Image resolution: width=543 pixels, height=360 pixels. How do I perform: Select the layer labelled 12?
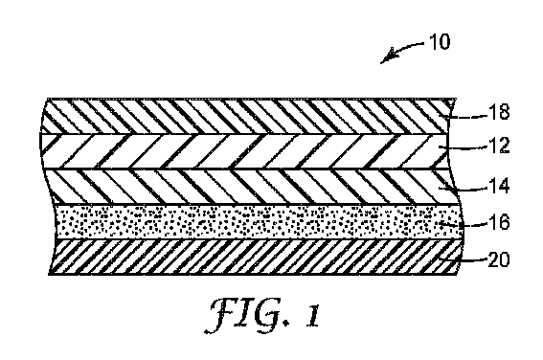pos(239,149)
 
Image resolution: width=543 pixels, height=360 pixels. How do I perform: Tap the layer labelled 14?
pos(239,185)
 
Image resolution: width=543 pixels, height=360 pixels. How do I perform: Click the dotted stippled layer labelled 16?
pos(239,221)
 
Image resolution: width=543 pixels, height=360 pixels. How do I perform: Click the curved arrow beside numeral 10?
pos(398,49)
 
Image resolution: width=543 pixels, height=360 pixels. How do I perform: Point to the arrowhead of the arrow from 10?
pos(384,60)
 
